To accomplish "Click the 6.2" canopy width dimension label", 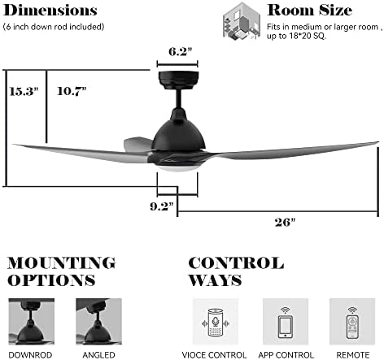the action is [180, 51].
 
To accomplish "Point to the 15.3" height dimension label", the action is [24, 92].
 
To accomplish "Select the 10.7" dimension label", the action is [72, 91].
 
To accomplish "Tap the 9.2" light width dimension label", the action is [162, 206].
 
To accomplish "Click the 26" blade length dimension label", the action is [285, 223].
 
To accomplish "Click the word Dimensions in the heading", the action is [50, 11].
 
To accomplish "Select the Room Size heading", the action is [310, 11].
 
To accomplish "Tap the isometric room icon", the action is [242, 21].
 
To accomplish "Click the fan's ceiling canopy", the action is [178, 80].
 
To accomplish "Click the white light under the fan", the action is [178, 168].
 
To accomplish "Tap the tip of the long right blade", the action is [377, 142].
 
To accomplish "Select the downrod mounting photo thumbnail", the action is [31, 321].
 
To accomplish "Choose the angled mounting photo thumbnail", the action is [98, 321].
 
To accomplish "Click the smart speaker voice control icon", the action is [216, 322].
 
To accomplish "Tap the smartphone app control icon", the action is [286, 323].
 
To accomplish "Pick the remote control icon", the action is [352, 323].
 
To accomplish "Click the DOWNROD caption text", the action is [30, 355].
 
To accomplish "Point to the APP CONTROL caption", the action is [286, 355].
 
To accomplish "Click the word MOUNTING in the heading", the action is [62, 262].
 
